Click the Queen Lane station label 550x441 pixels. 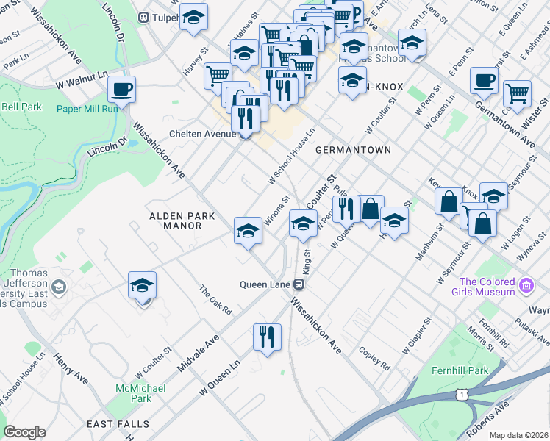(266, 284)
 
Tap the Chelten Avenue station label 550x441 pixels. (203, 134)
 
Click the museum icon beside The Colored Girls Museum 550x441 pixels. (526, 285)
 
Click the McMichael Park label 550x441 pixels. (140, 392)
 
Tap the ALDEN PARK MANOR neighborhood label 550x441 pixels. (175, 221)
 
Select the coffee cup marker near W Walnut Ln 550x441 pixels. (122, 90)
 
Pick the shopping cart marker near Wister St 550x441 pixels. (518, 93)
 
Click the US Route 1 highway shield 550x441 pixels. (460, 396)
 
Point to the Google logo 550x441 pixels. (25, 432)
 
